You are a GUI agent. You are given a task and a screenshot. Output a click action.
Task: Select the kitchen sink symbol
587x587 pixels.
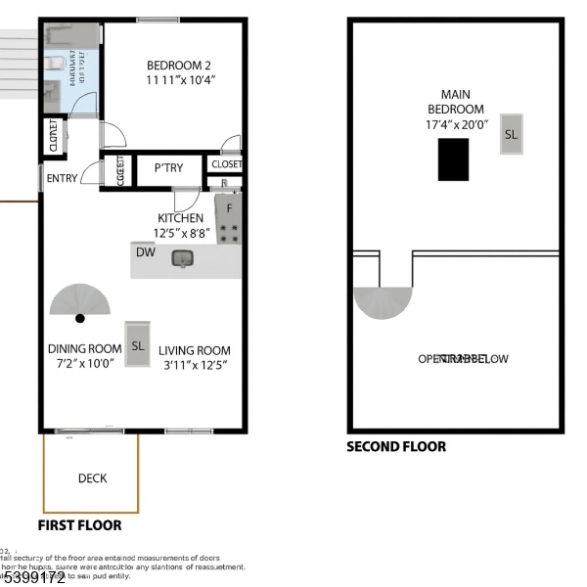point(181,258)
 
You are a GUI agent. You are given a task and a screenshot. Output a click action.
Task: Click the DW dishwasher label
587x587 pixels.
point(145,252)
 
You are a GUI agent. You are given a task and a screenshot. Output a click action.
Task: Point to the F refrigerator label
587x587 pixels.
point(230,207)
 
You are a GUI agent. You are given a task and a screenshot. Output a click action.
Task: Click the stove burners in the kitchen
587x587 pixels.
point(229,233)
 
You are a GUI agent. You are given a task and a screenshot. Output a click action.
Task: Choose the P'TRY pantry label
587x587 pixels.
point(167,168)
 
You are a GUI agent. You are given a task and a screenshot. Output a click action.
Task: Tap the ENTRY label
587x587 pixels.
point(62,178)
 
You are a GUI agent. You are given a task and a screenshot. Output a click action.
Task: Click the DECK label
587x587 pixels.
point(92,478)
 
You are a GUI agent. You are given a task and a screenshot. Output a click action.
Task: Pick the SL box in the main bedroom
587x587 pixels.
point(511,134)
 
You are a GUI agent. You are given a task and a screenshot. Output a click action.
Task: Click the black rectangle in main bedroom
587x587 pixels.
point(453,159)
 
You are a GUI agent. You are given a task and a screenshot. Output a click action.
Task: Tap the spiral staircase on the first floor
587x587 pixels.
point(81,304)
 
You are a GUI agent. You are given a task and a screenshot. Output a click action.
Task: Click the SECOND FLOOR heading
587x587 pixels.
point(396,447)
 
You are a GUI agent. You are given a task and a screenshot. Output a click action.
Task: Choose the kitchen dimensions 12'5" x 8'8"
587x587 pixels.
point(180,233)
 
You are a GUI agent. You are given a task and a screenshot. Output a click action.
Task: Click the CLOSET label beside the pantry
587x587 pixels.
point(226,164)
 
